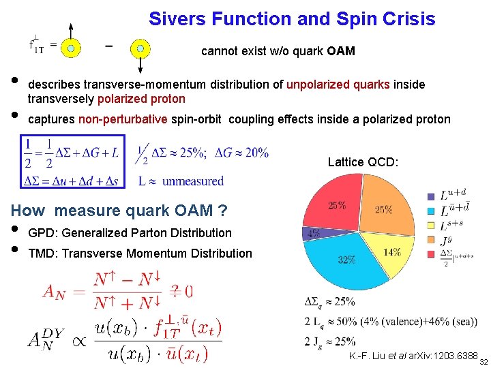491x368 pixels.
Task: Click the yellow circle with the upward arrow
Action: [x=71, y=48]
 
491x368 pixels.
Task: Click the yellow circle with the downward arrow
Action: [x=140, y=48]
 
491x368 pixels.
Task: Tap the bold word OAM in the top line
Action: [x=341, y=51]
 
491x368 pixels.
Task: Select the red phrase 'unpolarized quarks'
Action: [x=338, y=85]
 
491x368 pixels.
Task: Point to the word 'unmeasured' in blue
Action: [x=193, y=181]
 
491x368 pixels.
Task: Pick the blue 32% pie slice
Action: [x=344, y=259]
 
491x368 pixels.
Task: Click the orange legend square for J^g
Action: [x=430, y=239]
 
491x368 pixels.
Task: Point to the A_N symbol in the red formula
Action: [x=59, y=292]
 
